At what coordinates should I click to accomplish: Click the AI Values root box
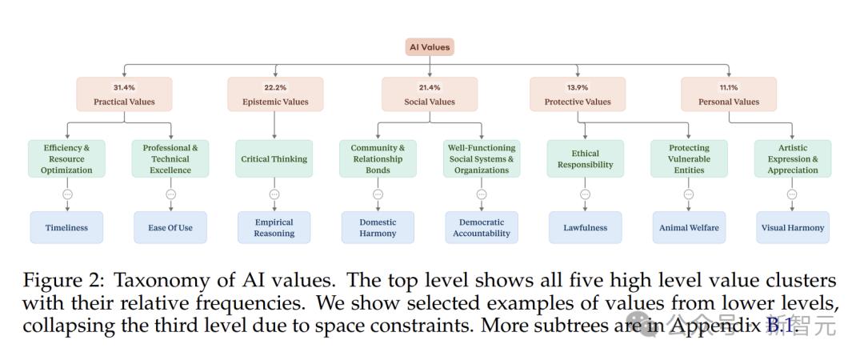pyautogui.click(x=430, y=47)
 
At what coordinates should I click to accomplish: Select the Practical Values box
pyautogui.click(x=124, y=94)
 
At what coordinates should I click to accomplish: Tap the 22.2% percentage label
pyautogui.click(x=275, y=87)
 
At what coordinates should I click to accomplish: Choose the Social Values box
pyautogui.click(x=430, y=94)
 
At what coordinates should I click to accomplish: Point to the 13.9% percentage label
pyautogui.click(x=578, y=87)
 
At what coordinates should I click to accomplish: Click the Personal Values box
pyautogui.click(x=729, y=94)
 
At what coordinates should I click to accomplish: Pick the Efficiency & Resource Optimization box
pyautogui.click(x=66, y=158)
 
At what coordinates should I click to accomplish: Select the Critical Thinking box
pyautogui.click(x=274, y=158)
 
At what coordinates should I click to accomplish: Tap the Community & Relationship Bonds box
pyautogui.click(x=378, y=158)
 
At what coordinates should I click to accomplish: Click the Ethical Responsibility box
pyautogui.click(x=585, y=158)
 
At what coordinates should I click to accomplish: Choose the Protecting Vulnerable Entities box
pyautogui.click(x=689, y=158)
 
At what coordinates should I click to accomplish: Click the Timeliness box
pyautogui.click(x=66, y=228)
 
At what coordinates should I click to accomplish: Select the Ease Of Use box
pyautogui.click(x=170, y=228)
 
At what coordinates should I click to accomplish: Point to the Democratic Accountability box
pyautogui.click(x=482, y=228)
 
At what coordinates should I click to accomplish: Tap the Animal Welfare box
pyautogui.click(x=689, y=228)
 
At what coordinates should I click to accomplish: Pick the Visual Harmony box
pyautogui.click(x=792, y=228)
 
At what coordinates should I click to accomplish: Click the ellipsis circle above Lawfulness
pyautogui.click(x=585, y=194)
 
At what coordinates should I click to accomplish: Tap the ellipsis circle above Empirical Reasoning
pyautogui.click(x=274, y=194)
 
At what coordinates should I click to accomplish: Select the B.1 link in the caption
pyautogui.click(x=780, y=326)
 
